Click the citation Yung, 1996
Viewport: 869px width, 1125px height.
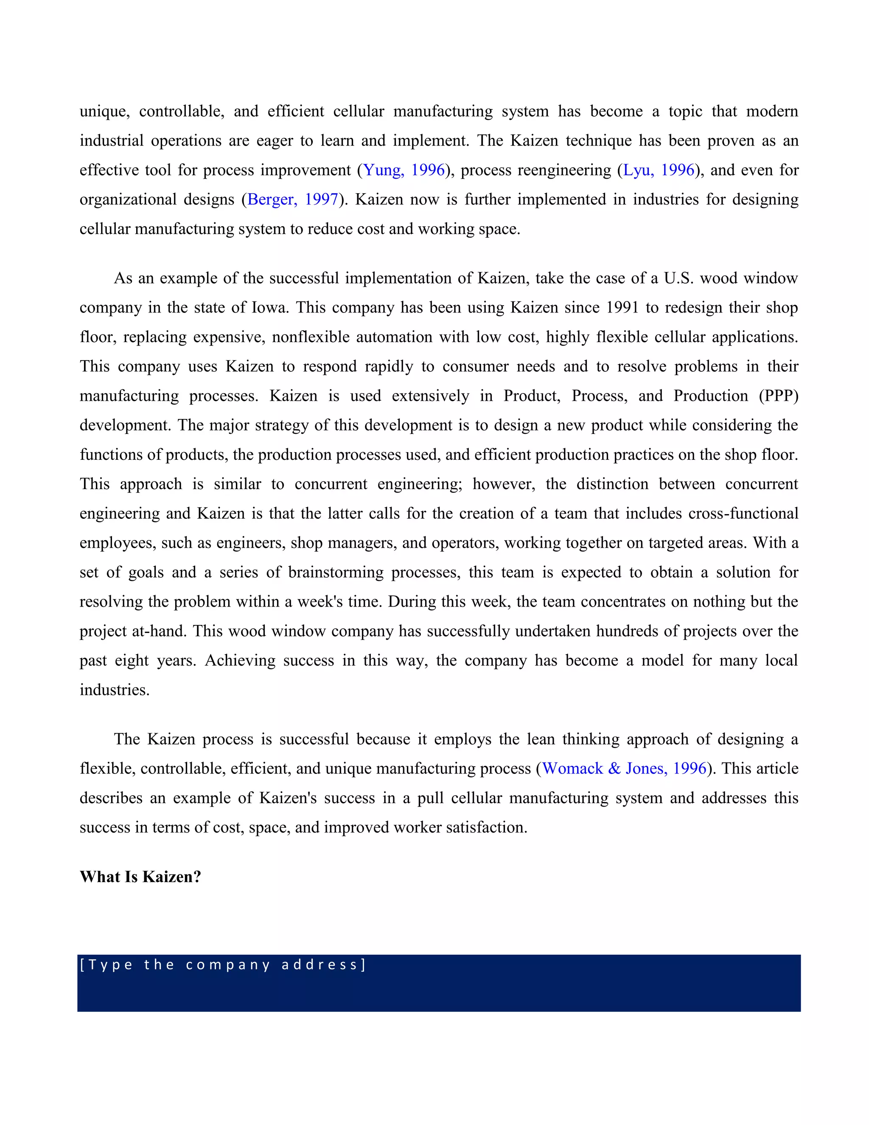point(404,170)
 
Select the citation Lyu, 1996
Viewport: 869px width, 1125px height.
point(659,170)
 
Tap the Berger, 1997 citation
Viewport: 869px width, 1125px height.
point(292,200)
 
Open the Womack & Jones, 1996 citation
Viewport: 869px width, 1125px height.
point(624,768)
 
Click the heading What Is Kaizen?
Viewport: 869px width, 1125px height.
point(140,877)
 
